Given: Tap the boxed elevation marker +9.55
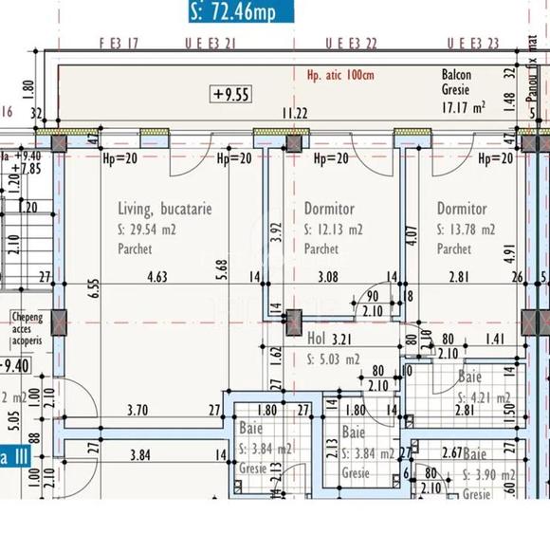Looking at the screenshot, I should point(230,93).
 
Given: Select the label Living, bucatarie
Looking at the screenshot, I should point(164,208).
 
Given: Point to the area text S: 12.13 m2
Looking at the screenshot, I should point(333,229).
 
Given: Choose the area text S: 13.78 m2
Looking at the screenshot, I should point(466,229).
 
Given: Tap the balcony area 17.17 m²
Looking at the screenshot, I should point(465,107).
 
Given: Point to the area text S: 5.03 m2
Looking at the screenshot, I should point(333,359).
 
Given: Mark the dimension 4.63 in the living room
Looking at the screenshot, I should point(156,278).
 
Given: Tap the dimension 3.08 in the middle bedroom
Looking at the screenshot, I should point(327,278).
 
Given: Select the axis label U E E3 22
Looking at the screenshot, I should point(351,44).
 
